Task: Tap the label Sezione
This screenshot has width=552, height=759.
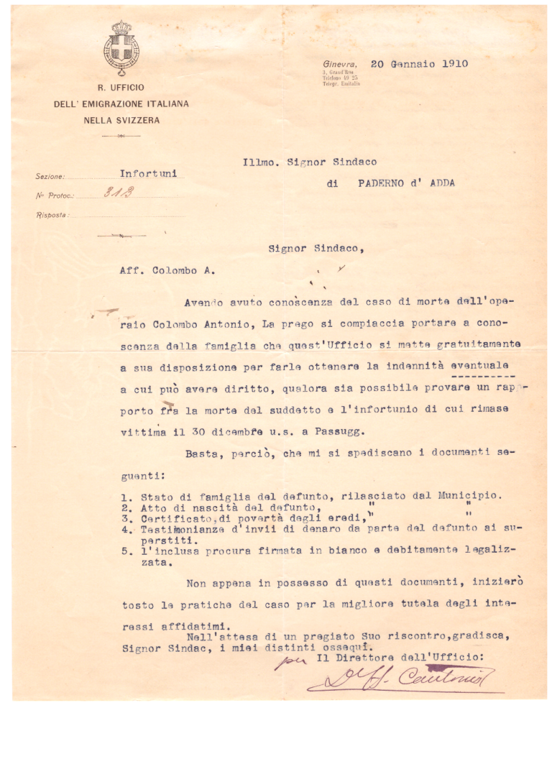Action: [x=50, y=176]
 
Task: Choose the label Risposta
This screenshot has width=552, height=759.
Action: [x=52, y=215]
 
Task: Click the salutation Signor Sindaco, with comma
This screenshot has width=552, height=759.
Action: [x=316, y=249]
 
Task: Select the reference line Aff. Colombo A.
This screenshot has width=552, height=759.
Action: [x=167, y=271]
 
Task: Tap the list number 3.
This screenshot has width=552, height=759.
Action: [x=124, y=518]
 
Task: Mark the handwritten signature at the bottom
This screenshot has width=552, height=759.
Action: [x=402, y=678]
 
